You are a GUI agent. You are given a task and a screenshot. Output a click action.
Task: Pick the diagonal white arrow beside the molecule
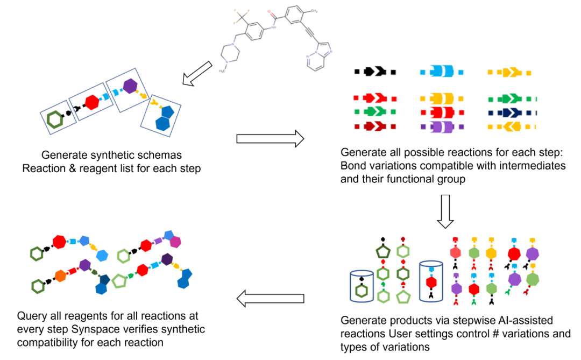[197, 73]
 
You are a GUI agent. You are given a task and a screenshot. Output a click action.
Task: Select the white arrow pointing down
[445, 211]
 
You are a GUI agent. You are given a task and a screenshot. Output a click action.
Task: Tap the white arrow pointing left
[271, 299]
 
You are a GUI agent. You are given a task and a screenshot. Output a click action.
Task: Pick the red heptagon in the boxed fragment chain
[92, 102]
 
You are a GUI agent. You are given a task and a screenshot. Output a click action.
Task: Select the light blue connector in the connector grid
[441, 72]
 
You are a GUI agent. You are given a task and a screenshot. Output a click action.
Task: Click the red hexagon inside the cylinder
[431, 283]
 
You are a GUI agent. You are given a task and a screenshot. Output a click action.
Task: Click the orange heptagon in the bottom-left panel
[60, 276]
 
